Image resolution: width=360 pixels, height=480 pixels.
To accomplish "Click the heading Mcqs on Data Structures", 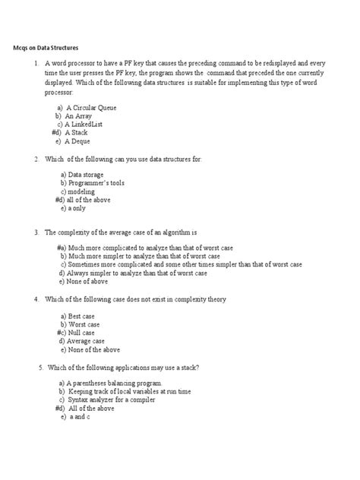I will coord(54,47).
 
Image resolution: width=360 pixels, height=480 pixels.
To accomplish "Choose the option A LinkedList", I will coord(86,124).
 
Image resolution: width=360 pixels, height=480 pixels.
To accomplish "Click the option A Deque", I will coord(75,141).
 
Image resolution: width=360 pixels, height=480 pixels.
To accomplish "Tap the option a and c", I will coord(74,417).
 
